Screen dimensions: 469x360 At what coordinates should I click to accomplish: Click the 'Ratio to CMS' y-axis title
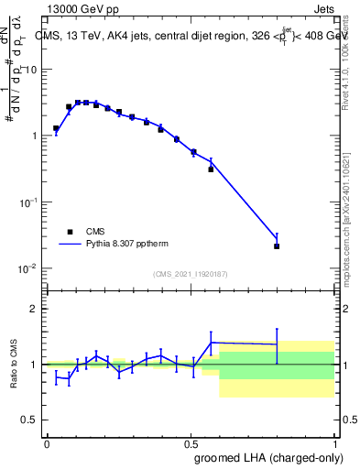[x=15, y=365]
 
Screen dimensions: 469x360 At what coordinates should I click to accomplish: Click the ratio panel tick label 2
[x=37, y=310]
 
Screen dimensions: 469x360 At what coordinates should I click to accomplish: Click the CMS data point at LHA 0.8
[x=277, y=246]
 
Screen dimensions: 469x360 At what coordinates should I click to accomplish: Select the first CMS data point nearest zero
[x=56, y=129]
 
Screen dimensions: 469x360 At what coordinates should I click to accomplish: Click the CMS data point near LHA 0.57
[x=211, y=169]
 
